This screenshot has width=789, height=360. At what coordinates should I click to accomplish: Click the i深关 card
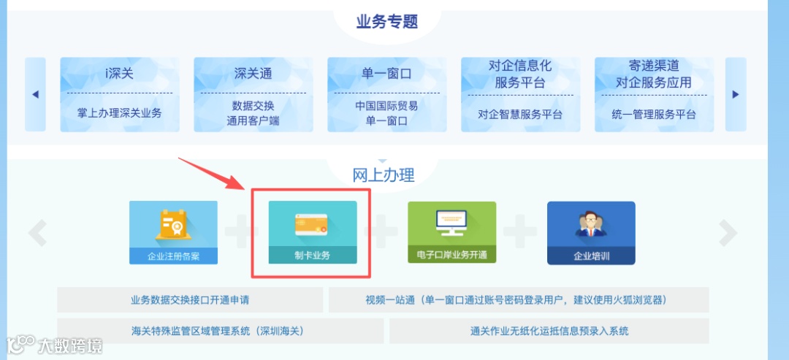pos(120,94)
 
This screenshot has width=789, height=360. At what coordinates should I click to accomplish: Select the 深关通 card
pos(253,94)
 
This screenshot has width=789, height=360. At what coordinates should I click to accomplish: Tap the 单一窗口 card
pos(386,94)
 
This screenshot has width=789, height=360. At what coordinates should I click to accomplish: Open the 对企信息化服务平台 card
pos(520,94)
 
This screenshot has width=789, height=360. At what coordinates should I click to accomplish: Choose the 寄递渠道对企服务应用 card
pos(654,94)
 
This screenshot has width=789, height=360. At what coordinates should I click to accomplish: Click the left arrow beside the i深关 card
pos(35,94)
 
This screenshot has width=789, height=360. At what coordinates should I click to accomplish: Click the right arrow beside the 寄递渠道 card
pos(736,94)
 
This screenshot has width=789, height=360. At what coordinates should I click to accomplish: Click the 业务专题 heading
pos(387,21)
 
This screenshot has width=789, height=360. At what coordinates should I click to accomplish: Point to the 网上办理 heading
pos(384,175)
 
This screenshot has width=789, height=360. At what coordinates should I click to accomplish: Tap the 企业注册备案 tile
pos(173,233)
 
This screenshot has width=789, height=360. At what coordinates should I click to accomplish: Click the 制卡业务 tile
pos(313,233)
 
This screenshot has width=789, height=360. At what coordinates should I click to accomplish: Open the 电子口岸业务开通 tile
pos(451,233)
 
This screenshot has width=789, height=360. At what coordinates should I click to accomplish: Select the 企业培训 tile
pos(591,233)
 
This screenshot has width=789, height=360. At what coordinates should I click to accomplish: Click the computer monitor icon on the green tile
pos(451,222)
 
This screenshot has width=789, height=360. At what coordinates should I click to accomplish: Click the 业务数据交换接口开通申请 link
pos(190,300)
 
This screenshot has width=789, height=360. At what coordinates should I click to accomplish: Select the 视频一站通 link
pos(519,300)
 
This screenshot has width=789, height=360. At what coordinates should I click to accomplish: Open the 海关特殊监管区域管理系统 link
pos(218,331)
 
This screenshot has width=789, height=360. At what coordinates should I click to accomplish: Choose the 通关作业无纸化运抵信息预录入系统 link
pos(549,331)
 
